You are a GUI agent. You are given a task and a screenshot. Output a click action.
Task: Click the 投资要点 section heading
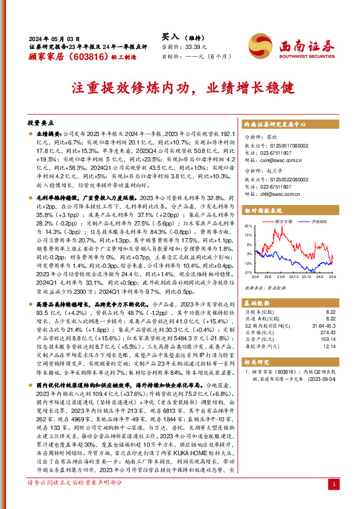[x=41, y=122]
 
